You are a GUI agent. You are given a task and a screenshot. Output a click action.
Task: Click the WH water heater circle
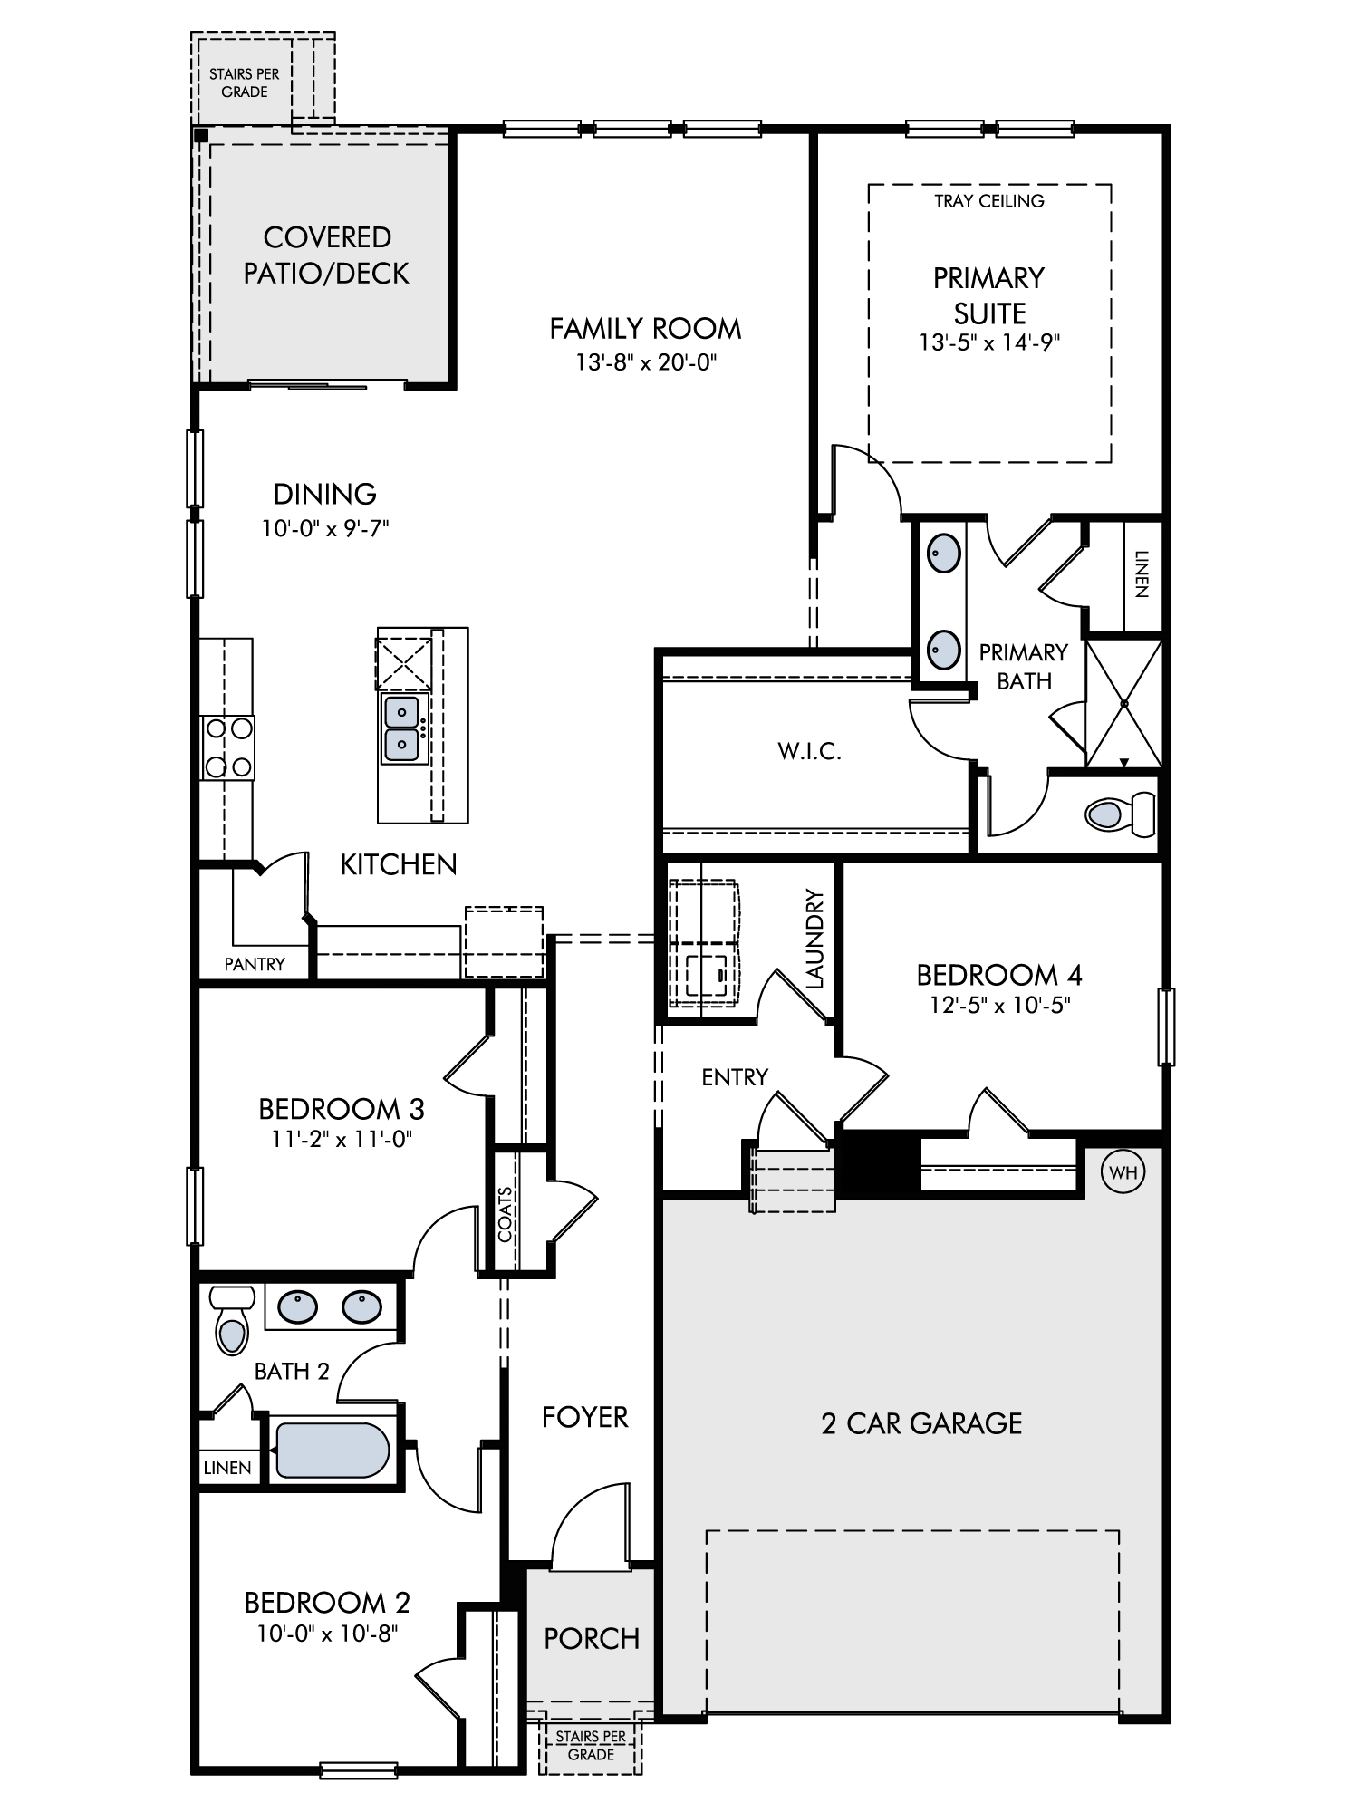click(1123, 1172)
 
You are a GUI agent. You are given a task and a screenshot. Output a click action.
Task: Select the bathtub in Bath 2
click(333, 1451)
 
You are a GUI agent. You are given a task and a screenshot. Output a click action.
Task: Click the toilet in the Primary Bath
click(1120, 814)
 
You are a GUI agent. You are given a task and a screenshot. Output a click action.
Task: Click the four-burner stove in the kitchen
click(227, 747)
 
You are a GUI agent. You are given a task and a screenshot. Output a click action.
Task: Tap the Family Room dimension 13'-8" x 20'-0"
click(646, 363)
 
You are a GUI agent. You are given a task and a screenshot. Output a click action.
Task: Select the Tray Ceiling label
click(989, 201)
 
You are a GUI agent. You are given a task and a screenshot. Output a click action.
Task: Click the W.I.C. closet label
click(810, 751)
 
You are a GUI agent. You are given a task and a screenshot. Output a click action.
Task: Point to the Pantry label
click(255, 964)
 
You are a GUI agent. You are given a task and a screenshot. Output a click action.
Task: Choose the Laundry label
click(814, 939)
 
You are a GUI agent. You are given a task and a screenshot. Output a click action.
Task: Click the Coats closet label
click(506, 1214)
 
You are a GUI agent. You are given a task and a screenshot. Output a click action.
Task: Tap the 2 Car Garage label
click(921, 1423)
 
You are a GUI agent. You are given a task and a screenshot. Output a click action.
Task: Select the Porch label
click(592, 1638)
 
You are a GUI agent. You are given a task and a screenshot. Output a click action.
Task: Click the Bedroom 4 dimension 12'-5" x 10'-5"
click(999, 1005)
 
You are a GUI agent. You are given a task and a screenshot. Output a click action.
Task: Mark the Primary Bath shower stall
click(1123, 703)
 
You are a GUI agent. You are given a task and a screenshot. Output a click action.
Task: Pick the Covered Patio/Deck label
click(326, 255)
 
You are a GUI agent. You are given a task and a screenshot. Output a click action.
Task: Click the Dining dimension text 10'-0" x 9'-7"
click(325, 528)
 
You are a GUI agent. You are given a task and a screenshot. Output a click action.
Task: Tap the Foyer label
click(584, 1417)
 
